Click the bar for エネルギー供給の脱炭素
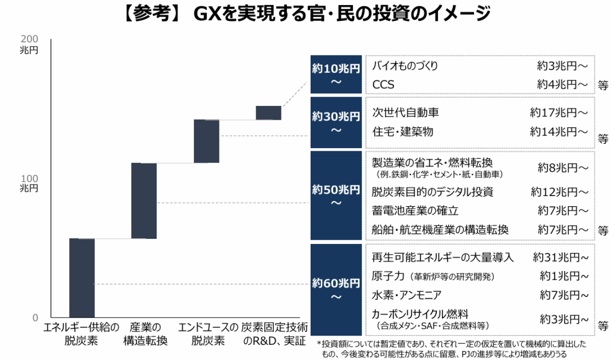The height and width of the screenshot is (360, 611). pyautogui.click(x=82, y=278)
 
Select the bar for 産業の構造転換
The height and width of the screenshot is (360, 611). pyautogui.click(x=144, y=201)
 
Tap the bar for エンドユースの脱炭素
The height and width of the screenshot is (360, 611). pyautogui.click(x=207, y=142)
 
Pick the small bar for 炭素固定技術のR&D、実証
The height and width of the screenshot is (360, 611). pyautogui.click(x=268, y=113)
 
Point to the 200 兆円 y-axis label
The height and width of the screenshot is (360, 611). pyautogui.click(x=29, y=44)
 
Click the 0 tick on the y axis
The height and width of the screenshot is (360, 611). pyautogui.click(x=35, y=318)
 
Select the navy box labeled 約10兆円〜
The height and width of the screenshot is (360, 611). pyautogui.click(x=336, y=74)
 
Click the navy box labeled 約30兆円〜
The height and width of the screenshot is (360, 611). pyautogui.click(x=336, y=122)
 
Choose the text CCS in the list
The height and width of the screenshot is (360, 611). pyautogui.click(x=383, y=85)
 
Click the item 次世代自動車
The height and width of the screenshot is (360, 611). pyautogui.click(x=405, y=113)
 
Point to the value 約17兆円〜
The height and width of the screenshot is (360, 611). pyautogui.click(x=559, y=113)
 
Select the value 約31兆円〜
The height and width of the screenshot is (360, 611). pyautogui.click(x=561, y=257)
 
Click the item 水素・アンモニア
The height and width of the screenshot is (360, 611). pyautogui.click(x=406, y=295)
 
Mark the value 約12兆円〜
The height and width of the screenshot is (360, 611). pyautogui.click(x=560, y=192)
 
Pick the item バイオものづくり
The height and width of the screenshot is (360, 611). pyautogui.click(x=405, y=66)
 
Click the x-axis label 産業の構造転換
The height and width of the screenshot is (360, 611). pyautogui.click(x=145, y=334)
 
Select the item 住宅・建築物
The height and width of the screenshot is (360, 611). pyautogui.click(x=403, y=132)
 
